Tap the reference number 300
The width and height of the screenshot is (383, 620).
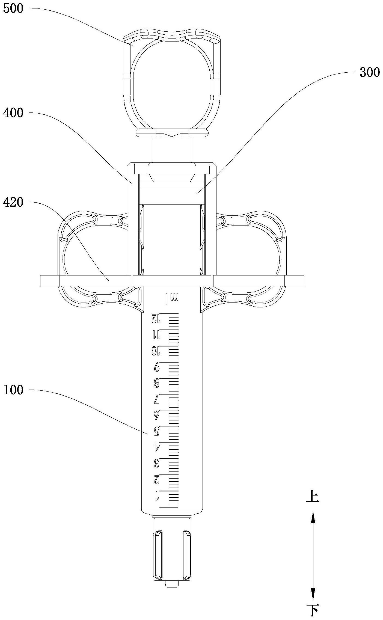click(x=369, y=72)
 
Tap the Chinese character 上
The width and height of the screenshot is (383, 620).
click(x=313, y=496)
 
